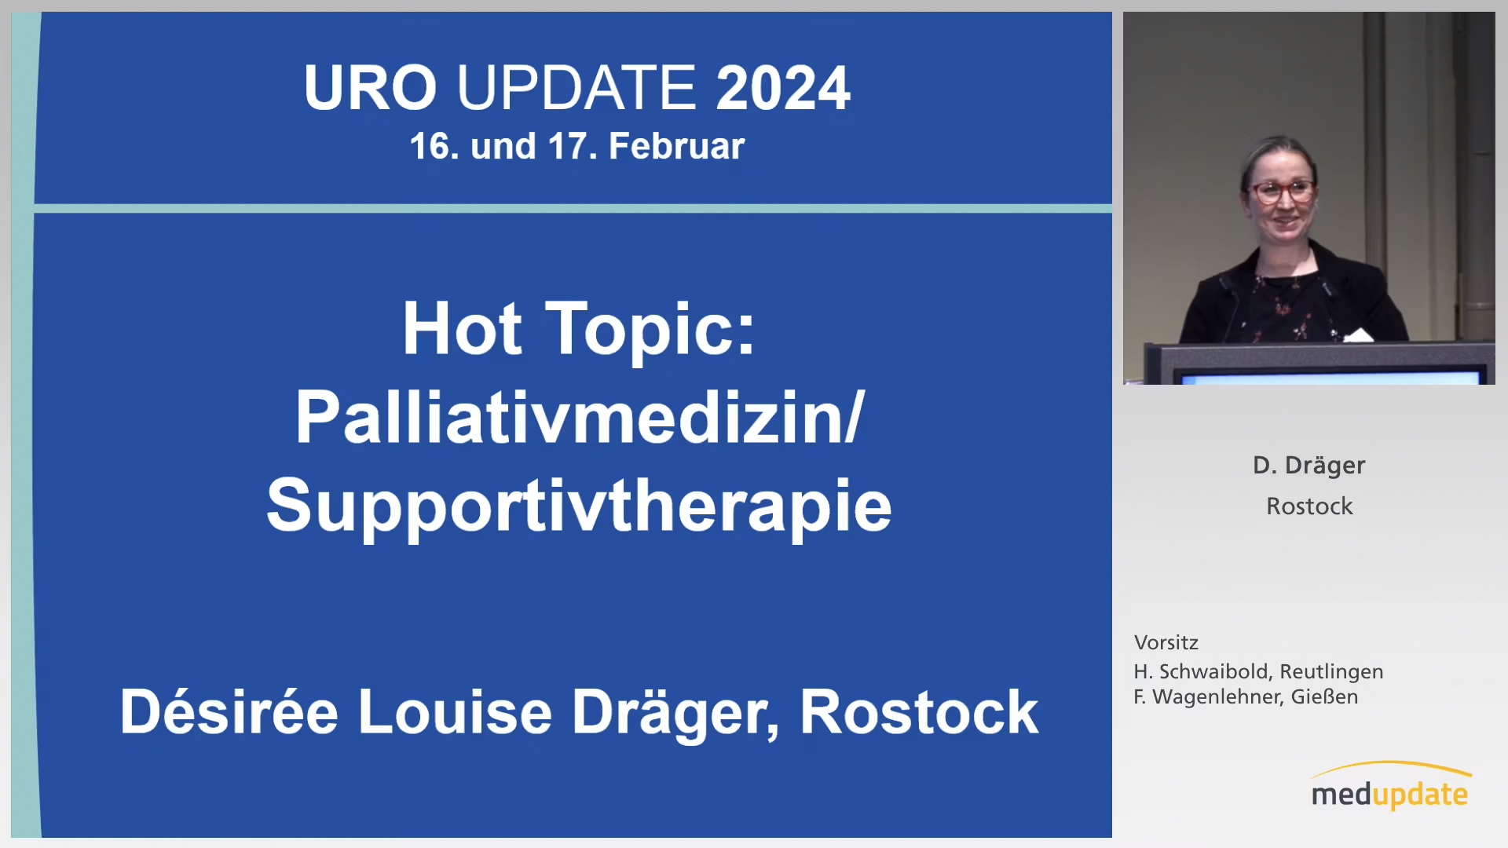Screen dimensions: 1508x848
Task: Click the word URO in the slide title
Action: pyautogui.click(x=370, y=87)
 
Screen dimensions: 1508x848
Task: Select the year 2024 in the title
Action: pyautogui.click(x=783, y=87)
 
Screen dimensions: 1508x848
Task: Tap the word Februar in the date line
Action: pyautogui.click(x=676, y=146)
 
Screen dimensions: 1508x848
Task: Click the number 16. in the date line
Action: pyautogui.click(x=434, y=146)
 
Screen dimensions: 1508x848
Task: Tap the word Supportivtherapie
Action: pyautogui.click(x=579, y=507)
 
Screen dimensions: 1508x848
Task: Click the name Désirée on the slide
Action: pyautogui.click(x=229, y=711)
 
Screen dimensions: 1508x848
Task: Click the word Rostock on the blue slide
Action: pyautogui.click(x=919, y=711)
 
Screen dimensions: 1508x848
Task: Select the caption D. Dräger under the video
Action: pyautogui.click(x=1309, y=466)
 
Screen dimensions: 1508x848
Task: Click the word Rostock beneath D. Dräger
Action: pyautogui.click(x=1309, y=506)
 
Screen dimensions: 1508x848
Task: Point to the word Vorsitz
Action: pyautogui.click(x=1166, y=643)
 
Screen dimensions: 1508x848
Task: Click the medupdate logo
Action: pyautogui.click(x=1390, y=787)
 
